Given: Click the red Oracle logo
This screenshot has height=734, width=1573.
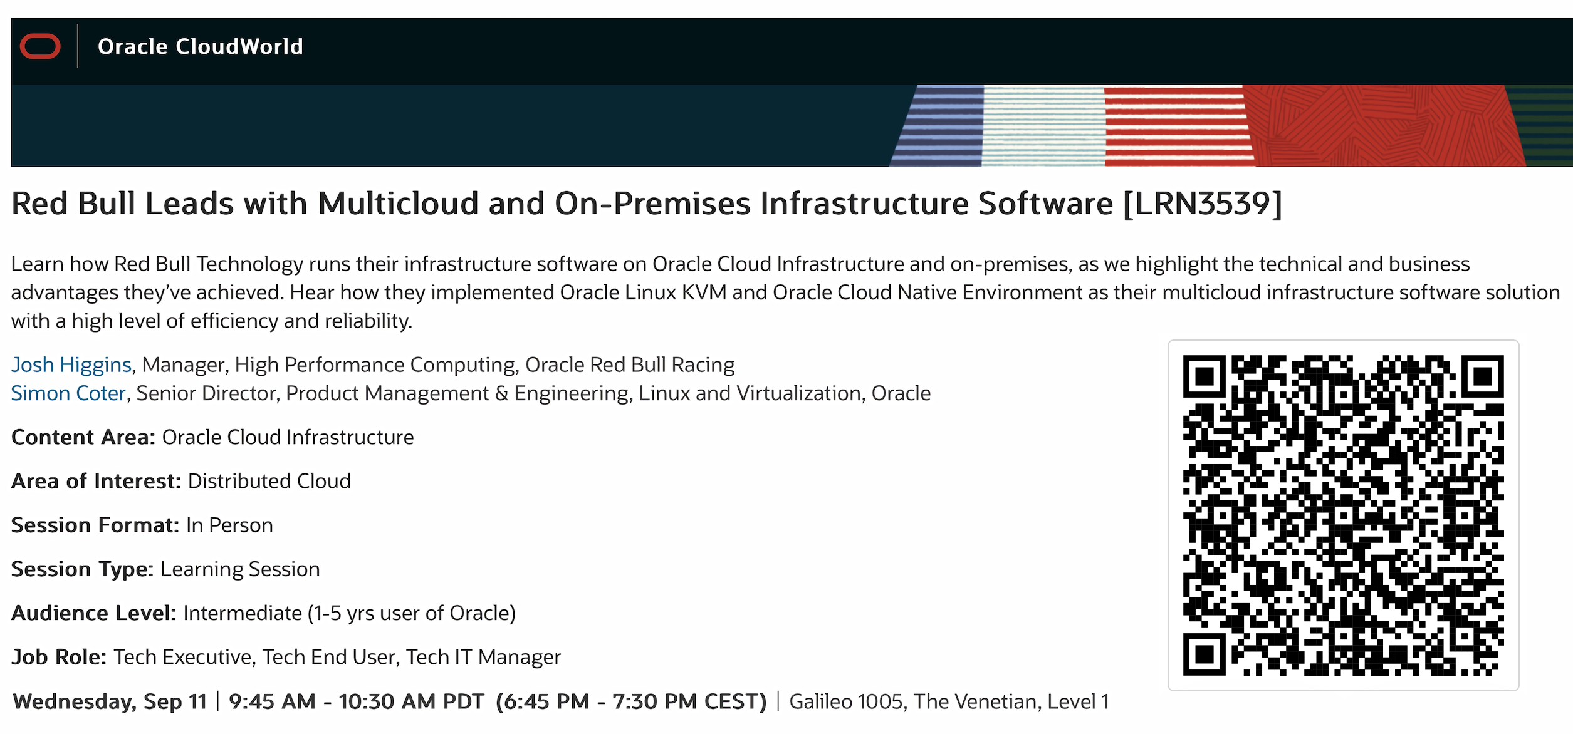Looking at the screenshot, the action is [x=40, y=46].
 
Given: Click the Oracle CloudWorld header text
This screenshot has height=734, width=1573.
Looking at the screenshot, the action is [x=201, y=46].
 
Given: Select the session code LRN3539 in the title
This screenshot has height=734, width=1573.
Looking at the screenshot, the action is [x=1202, y=204].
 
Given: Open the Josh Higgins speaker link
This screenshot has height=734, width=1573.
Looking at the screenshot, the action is [x=71, y=364].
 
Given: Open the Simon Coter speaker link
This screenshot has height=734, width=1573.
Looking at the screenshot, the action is [x=69, y=393].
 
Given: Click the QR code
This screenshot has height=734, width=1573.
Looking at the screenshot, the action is [x=1343, y=515].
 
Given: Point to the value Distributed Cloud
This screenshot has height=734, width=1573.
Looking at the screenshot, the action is [x=269, y=481].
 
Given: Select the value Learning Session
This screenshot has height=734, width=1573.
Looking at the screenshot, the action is [x=240, y=569].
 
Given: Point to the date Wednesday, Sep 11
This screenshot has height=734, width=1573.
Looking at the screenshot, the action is [x=110, y=702].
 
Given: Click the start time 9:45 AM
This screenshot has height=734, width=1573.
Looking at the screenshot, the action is [x=273, y=701].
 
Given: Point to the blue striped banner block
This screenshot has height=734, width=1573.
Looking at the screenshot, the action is [x=938, y=125].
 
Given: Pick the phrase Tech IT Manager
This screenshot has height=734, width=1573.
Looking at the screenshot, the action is [x=483, y=657].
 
